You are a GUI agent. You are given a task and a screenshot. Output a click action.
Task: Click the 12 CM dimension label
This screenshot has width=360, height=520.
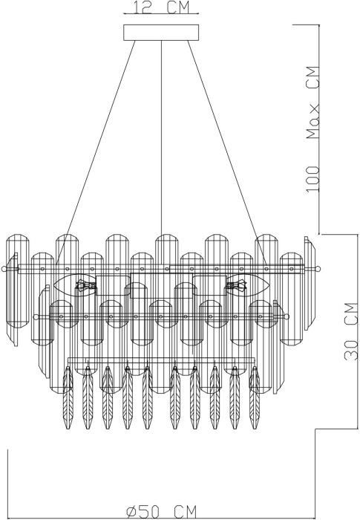162,8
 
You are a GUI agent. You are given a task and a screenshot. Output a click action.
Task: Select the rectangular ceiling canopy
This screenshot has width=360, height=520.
162,32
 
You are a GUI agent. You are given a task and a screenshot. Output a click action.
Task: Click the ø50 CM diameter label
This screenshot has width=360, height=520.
162,511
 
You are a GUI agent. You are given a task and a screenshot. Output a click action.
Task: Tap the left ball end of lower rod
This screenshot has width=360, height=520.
35,316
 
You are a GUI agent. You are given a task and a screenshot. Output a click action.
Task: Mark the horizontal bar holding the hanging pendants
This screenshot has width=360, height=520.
162,360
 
